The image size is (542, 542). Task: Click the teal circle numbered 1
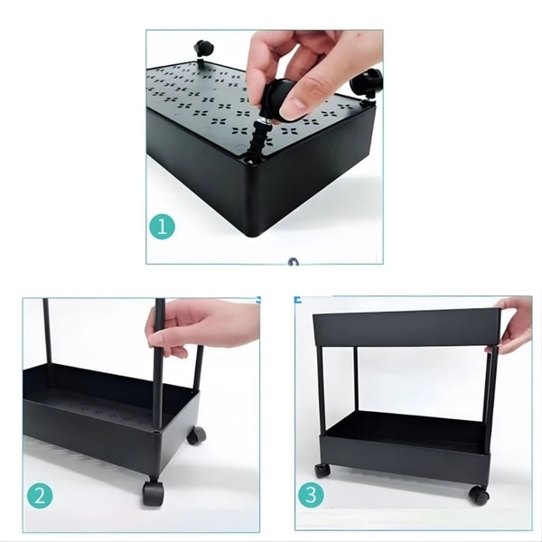162,227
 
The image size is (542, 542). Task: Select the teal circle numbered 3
311,495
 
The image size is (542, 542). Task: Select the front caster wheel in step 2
153,492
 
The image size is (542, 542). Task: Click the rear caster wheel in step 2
196,435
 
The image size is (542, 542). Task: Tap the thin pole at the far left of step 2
47,332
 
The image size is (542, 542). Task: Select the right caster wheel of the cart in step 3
479,495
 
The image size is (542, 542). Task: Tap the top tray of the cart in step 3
406,328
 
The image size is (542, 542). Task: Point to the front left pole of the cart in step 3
321,390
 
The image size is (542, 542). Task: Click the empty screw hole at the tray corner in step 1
250,161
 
